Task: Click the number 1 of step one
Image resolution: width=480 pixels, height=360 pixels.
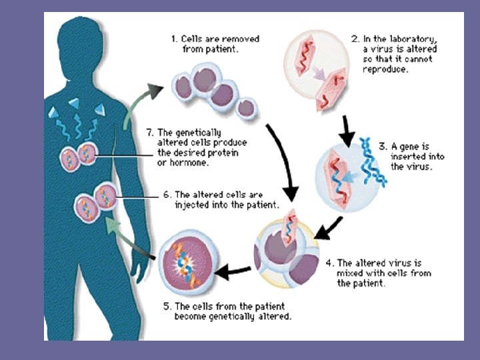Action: [x=174, y=39]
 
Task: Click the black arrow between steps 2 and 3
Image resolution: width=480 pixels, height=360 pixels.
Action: [x=346, y=130]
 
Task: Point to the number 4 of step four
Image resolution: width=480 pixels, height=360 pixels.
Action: [x=329, y=263]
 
